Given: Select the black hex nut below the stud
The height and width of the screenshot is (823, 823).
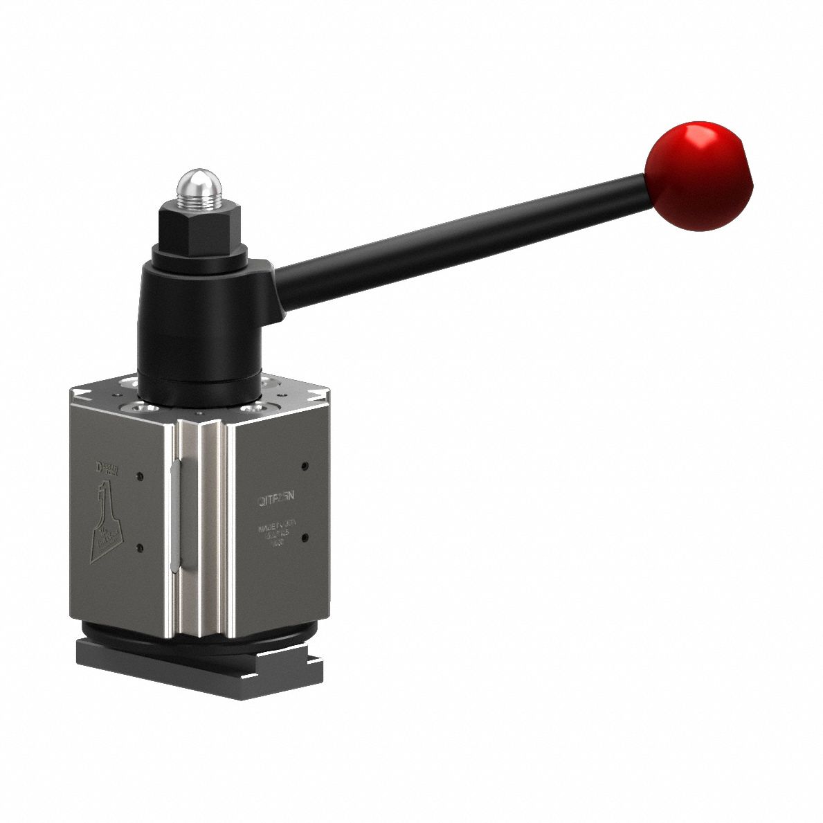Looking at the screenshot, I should click(x=198, y=228).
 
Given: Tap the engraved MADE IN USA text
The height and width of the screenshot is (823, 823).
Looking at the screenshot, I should click(x=277, y=528).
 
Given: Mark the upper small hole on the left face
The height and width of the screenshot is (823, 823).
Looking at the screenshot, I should click(x=141, y=476).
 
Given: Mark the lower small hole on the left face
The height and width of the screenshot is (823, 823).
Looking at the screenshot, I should click(x=141, y=548).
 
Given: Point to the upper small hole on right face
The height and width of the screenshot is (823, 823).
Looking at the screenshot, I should click(x=305, y=465).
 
